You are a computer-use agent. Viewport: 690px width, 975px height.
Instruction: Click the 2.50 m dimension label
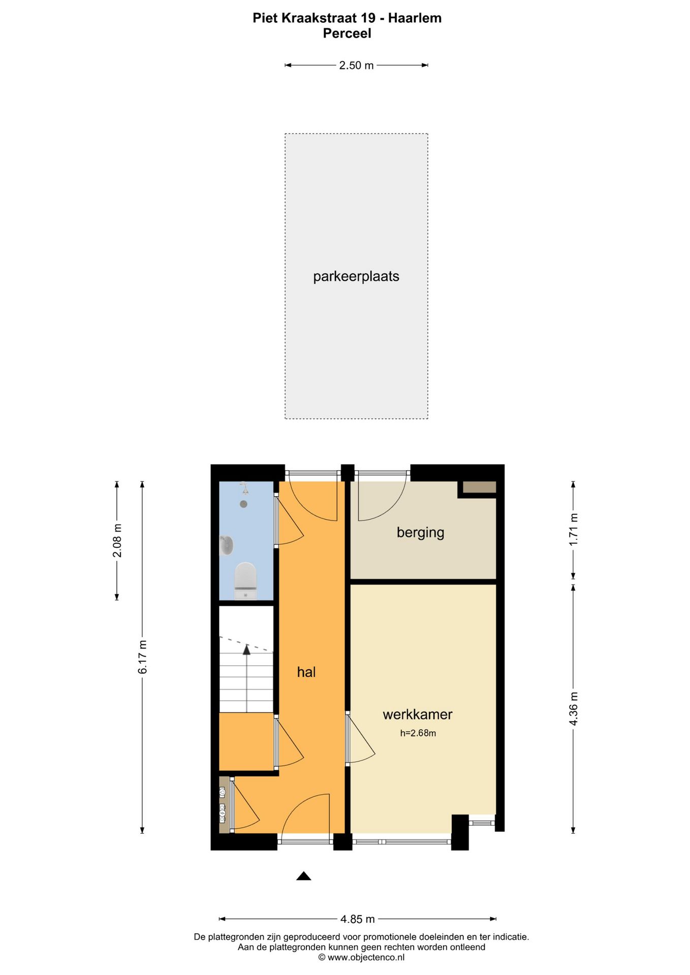click(x=356, y=66)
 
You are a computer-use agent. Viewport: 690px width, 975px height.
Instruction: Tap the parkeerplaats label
click(x=356, y=277)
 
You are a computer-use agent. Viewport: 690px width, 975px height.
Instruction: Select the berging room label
click(x=420, y=533)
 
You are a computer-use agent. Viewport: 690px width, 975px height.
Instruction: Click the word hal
click(x=306, y=672)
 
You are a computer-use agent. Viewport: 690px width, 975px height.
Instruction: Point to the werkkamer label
click(x=418, y=714)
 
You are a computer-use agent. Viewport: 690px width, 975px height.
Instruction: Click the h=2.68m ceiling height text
click(x=418, y=733)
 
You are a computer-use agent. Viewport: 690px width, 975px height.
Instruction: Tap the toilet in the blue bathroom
click(x=246, y=580)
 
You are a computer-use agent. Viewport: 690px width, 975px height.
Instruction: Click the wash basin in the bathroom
click(x=227, y=545)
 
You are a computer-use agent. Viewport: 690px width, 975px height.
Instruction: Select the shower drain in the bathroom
click(x=244, y=504)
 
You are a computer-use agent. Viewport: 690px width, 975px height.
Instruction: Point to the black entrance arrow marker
click(x=304, y=875)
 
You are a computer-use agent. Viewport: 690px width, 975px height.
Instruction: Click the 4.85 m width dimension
click(x=358, y=919)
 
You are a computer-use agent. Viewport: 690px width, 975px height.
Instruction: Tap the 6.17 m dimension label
click(x=143, y=657)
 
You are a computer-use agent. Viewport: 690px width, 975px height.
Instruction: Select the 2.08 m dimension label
click(x=117, y=540)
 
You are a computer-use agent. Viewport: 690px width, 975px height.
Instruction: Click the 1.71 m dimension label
click(x=574, y=530)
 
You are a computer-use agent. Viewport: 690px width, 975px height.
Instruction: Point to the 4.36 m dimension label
click(x=574, y=709)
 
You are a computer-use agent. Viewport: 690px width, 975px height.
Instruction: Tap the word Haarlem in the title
click(x=415, y=18)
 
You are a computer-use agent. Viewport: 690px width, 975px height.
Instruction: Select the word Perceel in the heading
click(x=347, y=34)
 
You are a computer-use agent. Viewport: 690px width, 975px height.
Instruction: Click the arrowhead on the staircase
click(x=246, y=649)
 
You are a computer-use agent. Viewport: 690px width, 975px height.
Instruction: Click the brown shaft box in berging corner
click(x=479, y=487)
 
